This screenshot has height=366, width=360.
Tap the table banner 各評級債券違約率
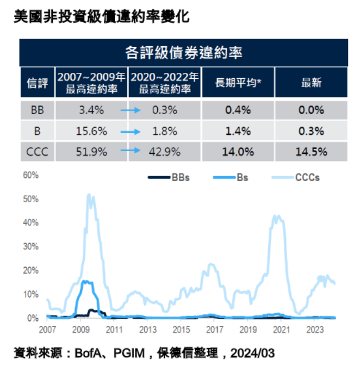tap(183, 53)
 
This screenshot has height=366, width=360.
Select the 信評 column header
tap(37, 83)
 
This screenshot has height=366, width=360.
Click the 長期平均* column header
tap(238, 83)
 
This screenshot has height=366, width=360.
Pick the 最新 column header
tap(311, 83)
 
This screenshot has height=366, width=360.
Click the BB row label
tap(37, 110)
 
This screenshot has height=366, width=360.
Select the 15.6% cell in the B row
tap(91, 131)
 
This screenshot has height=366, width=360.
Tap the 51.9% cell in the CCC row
tap(91, 152)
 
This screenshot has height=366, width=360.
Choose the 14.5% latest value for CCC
tap(311, 152)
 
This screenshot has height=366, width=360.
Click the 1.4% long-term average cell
tap(238, 131)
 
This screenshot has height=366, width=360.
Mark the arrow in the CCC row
tap(130, 152)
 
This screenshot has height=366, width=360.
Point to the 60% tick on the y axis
tap(30, 175)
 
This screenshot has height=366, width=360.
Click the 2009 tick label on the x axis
tap(80, 330)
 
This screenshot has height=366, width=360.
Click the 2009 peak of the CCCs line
tap(90, 195)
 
